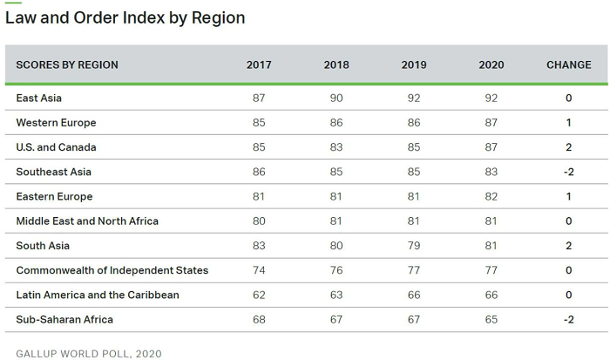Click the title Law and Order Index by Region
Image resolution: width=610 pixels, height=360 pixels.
coord(125,18)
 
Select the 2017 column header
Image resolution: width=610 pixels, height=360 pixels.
coord(259,65)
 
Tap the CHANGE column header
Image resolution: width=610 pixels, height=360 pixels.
coord(569,65)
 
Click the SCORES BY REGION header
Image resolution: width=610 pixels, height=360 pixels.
coord(67,65)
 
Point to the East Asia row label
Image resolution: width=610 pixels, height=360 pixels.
coord(39,98)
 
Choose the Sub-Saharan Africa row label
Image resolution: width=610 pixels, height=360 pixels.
coord(64,320)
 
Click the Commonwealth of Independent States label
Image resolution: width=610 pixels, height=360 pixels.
coord(112,270)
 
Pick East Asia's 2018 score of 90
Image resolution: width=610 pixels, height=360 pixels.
coord(336,98)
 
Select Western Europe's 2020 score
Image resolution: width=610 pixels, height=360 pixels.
coord(491,123)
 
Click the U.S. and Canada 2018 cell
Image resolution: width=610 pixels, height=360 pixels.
coord(336,147)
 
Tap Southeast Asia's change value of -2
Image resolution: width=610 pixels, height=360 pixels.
coord(569,172)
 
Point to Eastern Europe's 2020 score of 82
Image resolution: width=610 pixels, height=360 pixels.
coord(491,196)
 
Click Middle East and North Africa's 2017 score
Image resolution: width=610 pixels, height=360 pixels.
coord(259,221)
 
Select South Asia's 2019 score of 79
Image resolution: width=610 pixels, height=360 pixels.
coord(414,246)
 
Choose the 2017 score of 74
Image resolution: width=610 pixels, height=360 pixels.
coord(259,270)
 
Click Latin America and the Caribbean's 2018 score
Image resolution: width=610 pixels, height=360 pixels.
coord(336,295)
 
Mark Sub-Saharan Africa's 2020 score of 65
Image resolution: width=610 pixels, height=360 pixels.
coord(491,320)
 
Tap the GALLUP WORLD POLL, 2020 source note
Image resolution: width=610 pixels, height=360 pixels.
coord(89,354)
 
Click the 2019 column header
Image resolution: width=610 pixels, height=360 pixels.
coord(414,65)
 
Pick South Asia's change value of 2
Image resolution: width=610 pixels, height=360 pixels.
coord(569,246)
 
